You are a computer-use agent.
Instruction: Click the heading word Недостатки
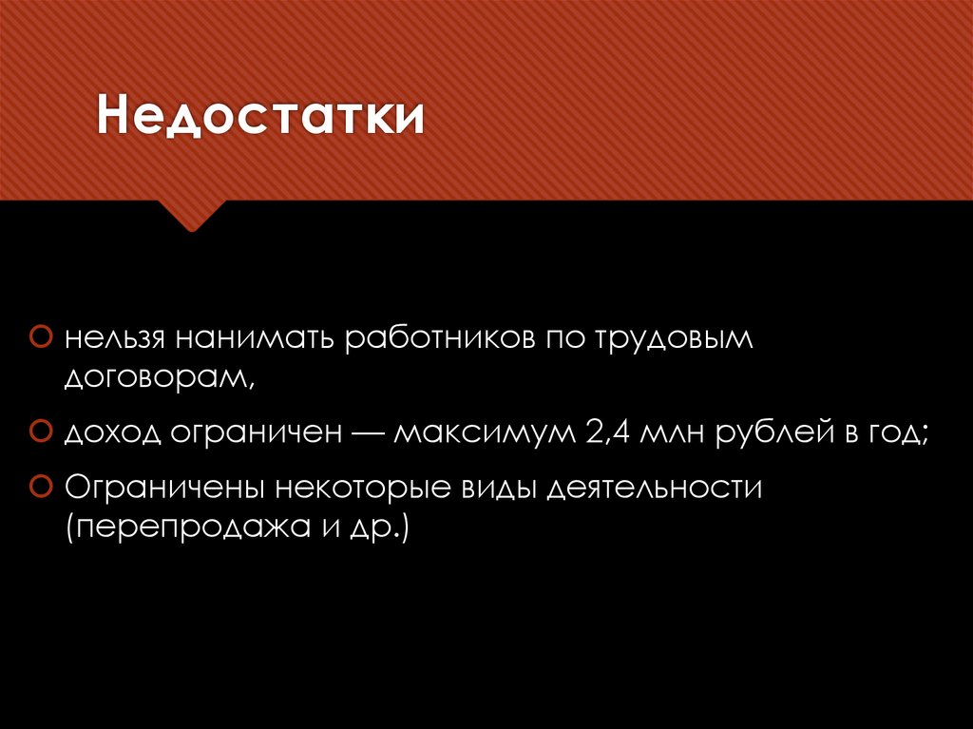258,120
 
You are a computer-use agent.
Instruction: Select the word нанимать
254,338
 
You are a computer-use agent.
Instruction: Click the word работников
441,338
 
